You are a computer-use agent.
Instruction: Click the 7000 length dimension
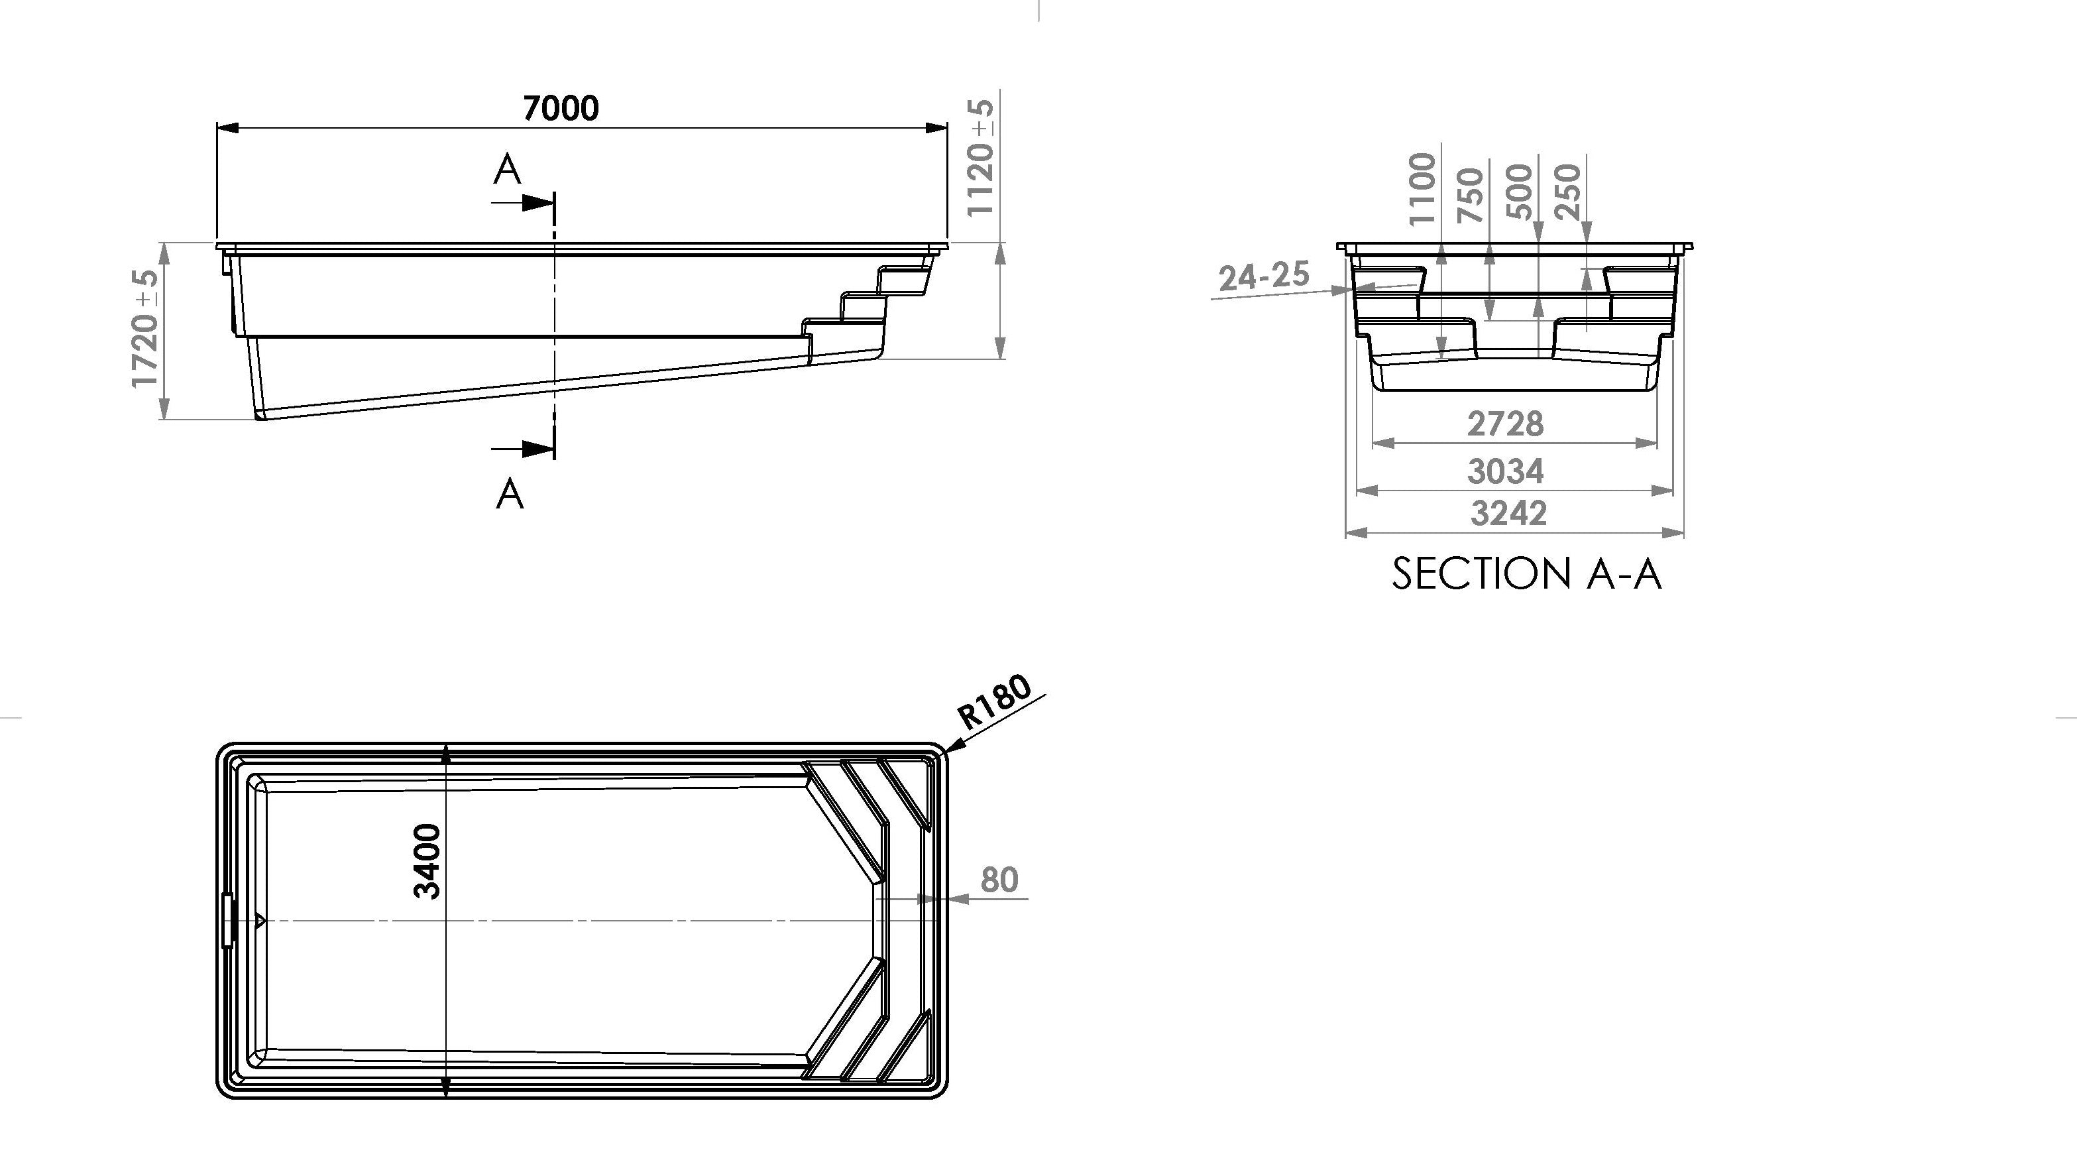[x=561, y=108]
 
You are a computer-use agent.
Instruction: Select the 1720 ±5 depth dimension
[x=145, y=328]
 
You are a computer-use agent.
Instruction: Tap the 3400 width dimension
[x=427, y=861]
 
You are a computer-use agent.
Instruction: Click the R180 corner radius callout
[x=994, y=701]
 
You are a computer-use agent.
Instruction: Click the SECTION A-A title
[x=1526, y=573]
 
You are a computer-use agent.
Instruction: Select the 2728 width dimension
[x=1505, y=424]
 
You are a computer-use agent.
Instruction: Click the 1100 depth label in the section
[x=1422, y=190]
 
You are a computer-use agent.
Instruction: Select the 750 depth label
[x=1471, y=195]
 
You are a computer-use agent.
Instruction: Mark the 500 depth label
[x=1519, y=191]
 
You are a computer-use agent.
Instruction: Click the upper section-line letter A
[x=507, y=169]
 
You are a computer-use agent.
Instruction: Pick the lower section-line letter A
[x=510, y=493]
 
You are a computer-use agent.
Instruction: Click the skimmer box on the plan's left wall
[x=227, y=919]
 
